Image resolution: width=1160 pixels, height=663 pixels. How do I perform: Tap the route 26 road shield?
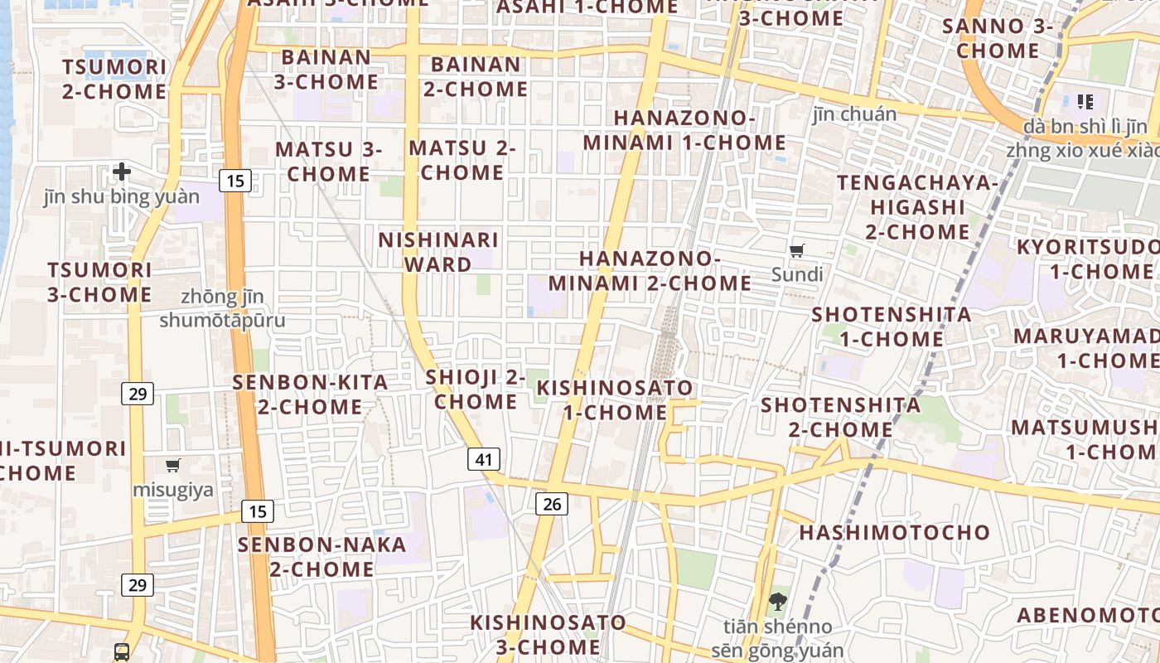click(x=552, y=502)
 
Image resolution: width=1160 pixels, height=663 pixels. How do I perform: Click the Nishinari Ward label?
click(x=438, y=252)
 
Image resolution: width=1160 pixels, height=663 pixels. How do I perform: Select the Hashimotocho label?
click(x=895, y=532)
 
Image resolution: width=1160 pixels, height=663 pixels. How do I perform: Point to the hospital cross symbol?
click(x=122, y=172)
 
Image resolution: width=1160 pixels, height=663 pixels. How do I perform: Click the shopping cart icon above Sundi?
click(x=797, y=250)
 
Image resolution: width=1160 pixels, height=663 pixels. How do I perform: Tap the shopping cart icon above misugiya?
click(x=173, y=466)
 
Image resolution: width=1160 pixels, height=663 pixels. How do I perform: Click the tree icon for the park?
click(x=777, y=602)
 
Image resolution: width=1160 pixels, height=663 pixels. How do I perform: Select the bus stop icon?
click(x=122, y=651)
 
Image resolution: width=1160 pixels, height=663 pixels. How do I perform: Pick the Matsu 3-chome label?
click(x=329, y=162)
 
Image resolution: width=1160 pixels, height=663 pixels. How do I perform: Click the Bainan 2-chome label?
click(x=476, y=76)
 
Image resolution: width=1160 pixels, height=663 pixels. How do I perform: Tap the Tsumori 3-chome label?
click(x=99, y=282)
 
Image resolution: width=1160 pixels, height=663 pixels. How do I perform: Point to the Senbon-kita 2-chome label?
click(x=310, y=394)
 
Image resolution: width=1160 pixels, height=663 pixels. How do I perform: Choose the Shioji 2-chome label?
click(x=476, y=390)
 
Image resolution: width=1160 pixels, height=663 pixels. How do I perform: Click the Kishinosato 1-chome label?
click(x=615, y=399)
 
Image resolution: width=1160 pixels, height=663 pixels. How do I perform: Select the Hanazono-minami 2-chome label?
click(x=650, y=270)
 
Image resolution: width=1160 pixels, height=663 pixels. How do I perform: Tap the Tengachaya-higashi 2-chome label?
click(x=917, y=206)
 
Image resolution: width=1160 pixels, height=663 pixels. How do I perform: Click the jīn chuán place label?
click(x=854, y=114)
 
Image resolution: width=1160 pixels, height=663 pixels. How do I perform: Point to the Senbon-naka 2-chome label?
click(x=322, y=557)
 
